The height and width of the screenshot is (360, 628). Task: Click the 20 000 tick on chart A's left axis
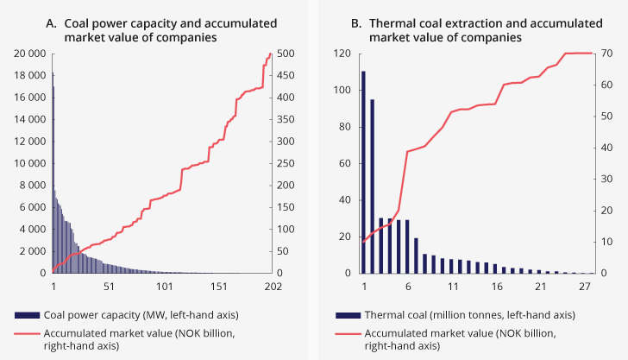click(x=28, y=54)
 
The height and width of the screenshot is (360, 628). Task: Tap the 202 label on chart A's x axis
click(x=273, y=286)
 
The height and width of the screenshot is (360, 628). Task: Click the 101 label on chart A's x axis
click(x=164, y=286)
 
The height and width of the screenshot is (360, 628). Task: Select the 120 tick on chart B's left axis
click(x=341, y=54)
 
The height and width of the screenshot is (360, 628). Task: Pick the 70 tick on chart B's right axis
click(x=606, y=54)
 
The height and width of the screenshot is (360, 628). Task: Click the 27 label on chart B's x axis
click(x=583, y=286)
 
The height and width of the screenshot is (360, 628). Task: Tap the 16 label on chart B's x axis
click(x=495, y=286)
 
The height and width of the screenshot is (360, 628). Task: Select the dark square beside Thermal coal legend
click(x=349, y=313)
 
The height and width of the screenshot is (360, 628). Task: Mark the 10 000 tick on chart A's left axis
click(x=28, y=163)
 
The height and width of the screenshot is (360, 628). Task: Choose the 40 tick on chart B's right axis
click(x=606, y=148)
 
